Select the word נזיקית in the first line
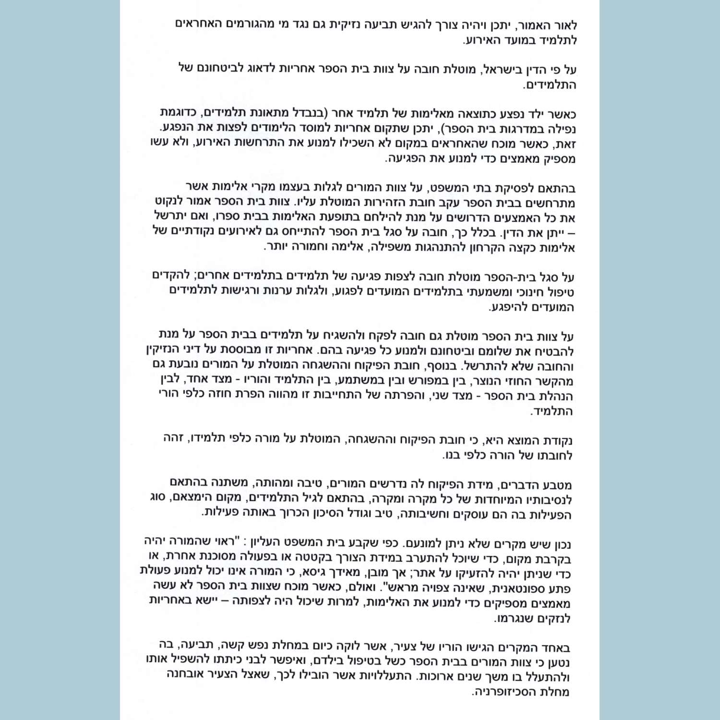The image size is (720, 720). pos(351,24)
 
